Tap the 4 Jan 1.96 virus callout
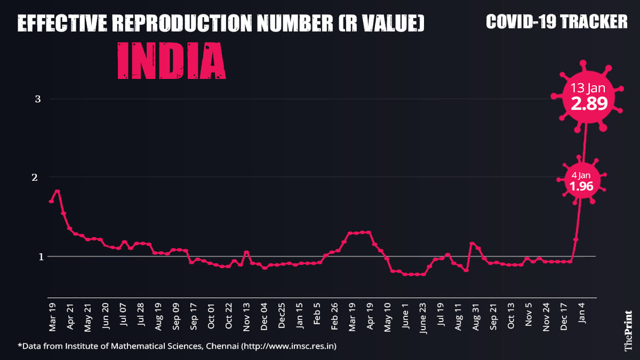[x=581, y=181]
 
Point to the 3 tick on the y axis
[x=38, y=99]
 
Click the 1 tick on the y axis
[x=38, y=256]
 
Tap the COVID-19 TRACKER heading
[x=557, y=21]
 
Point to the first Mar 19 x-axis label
[x=52, y=317]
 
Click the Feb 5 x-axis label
[x=316, y=316]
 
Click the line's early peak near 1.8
[x=57, y=191]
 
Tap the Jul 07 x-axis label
[x=123, y=317]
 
